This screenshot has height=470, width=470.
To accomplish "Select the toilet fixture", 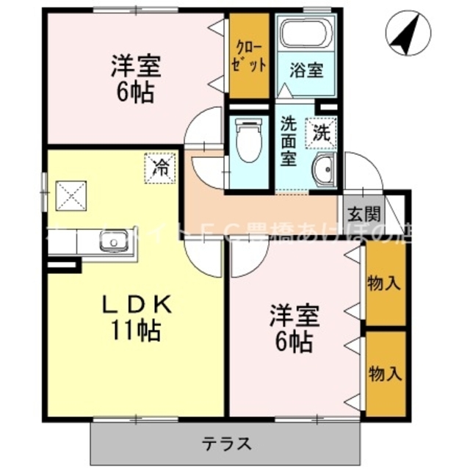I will [249, 142].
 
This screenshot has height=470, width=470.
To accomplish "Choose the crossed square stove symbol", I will [70, 196].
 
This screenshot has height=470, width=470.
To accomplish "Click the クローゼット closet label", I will [246, 56].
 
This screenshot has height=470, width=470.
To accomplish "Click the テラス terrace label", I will [228, 443].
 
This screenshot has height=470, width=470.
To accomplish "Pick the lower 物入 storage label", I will [385, 373].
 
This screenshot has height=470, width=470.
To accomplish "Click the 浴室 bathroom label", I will [306, 71].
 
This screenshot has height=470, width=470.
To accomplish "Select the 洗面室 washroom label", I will [289, 142].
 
